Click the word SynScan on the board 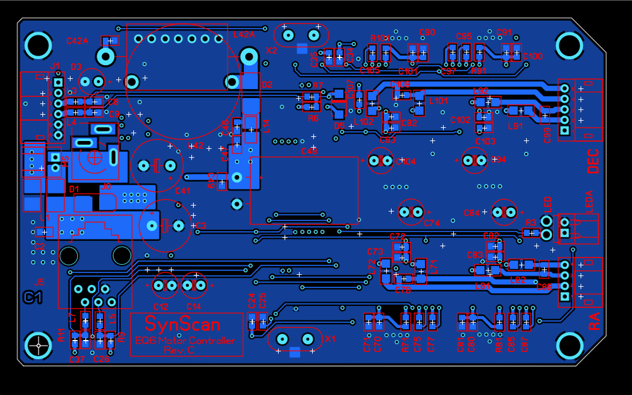tap(182, 324)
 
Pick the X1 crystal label tap(331, 339)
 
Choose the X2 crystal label tap(272, 50)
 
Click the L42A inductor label tap(245, 35)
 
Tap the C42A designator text tap(77, 41)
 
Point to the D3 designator tap(76, 66)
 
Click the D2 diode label tap(267, 85)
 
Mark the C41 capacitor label tap(183, 191)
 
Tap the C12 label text tap(161, 307)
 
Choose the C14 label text tap(194, 307)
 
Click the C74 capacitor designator tap(432, 223)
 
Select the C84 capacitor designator tap(472, 213)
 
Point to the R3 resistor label tap(531, 222)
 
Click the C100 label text tap(532, 56)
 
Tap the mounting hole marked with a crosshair tap(39, 345)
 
